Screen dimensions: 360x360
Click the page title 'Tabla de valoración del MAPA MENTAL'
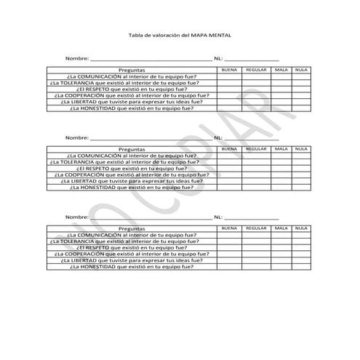tap(179, 35)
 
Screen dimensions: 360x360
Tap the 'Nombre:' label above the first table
tap(77, 57)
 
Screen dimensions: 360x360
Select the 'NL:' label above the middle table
tap(218, 137)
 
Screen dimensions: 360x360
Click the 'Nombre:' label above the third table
tap(77, 217)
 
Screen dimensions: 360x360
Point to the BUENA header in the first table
tap(229, 70)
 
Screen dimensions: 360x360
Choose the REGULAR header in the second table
tap(256, 149)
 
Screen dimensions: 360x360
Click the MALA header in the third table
tap(281, 228)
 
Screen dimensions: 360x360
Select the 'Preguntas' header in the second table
tap(132, 149)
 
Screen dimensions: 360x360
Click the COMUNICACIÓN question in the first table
tap(131, 76)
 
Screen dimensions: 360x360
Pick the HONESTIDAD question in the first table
tap(132, 108)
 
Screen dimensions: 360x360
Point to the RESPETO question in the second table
tap(132, 168)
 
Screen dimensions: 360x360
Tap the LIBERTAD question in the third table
tap(132, 260)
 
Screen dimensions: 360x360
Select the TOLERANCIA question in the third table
tap(132, 241)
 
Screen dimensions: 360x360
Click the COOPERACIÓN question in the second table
tap(132, 175)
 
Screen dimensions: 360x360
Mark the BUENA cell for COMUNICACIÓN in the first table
tap(229, 76)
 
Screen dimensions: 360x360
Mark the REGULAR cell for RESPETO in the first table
tap(256, 89)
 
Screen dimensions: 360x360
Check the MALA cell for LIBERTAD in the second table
tap(281, 181)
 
